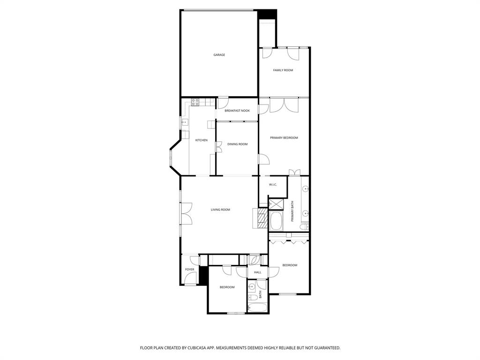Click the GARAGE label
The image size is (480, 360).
coord(219,55)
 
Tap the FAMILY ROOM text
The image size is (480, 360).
coord(283,70)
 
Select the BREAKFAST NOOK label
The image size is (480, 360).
coord(237,111)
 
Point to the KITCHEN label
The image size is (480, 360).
coord(202,140)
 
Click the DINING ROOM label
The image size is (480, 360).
coord(237,144)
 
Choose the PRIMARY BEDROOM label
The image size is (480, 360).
coord(284,138)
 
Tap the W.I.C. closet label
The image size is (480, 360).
coord(273,185)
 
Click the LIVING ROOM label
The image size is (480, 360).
coord(220,210)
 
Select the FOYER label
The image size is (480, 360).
coord(189,270)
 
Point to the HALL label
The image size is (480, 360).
coord(257,272)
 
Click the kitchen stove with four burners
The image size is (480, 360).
coord(196,101)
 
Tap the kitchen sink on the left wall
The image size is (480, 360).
coord(185,123)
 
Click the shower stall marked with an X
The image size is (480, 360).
coord(275,204)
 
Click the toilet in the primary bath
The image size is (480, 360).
coord(304,227)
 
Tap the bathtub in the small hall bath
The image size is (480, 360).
coord(257,308)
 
